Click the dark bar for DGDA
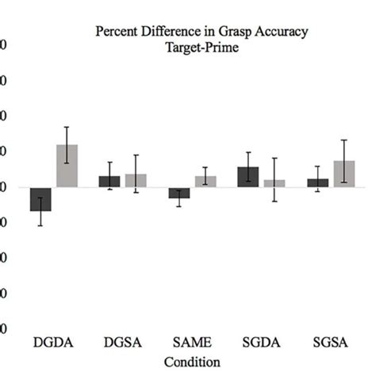pos(40,199)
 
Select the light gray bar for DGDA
pos(67,166)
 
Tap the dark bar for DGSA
pos(109,182)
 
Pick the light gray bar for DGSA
pos(136,181)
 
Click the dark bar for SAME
pos(178,193)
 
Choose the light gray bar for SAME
pos(205,182)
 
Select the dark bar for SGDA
pos(248,177)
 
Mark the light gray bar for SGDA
pos(274,183)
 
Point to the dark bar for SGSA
pos(317,183)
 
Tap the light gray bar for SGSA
pos(344,174)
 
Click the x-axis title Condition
pos(191,361)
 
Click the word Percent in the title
pos(116,33)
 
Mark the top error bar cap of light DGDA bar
pos(67,127)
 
